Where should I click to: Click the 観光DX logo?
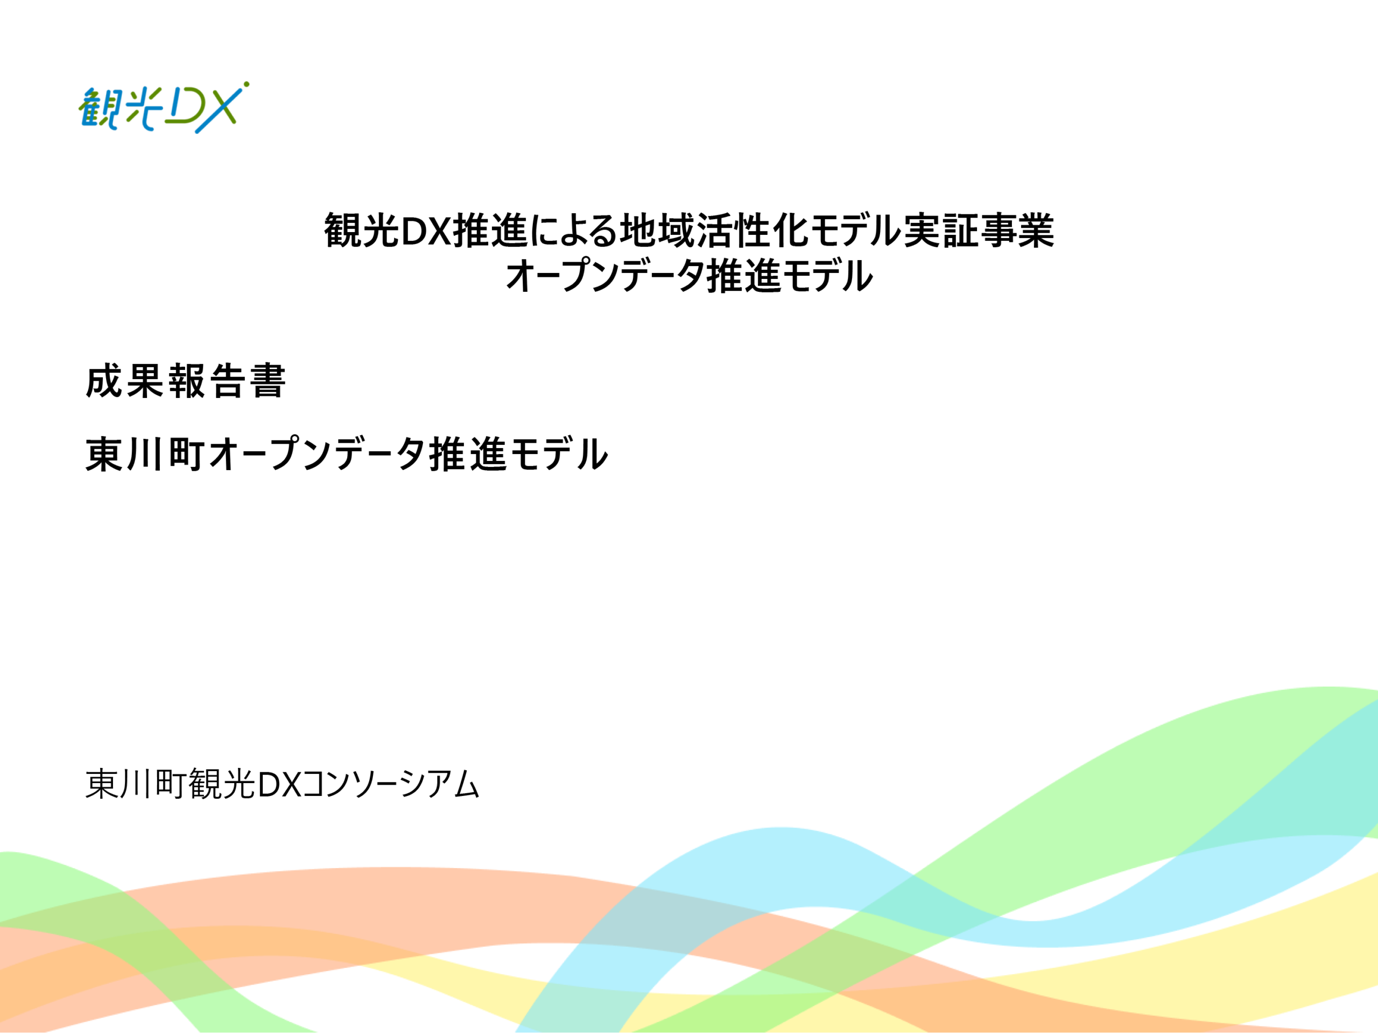click(x=163, y=107)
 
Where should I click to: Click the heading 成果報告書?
click(x=186, y=381)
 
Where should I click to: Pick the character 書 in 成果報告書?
click(x=268, y=381)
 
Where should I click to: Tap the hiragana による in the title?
click(x=574, y=230)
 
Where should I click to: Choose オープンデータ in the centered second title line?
click(x=605, y=276)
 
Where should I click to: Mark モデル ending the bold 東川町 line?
click(x=558, y=454)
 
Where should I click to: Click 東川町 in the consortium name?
click(x=135, y=784)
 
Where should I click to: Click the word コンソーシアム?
click(x=391, y=784)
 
